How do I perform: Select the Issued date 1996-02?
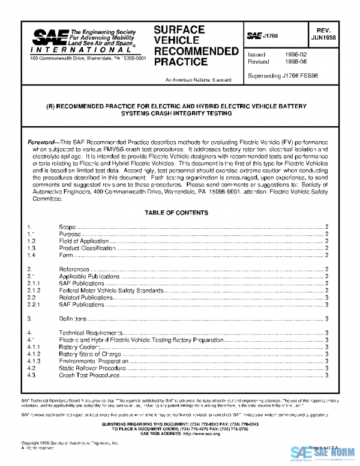pyautogui.click(x=296, y=55)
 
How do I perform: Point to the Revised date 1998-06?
pyautogui.click(x=296, y=62)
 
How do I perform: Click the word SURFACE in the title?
pyautogui.click(x=179, y=29)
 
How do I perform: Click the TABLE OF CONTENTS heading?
pyautogui.click(x=176, y=213)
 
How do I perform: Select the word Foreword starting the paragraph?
pyautogui.click(x=41, y=142)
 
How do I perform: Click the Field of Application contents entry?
pyautogui.click(x=83, y=241)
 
